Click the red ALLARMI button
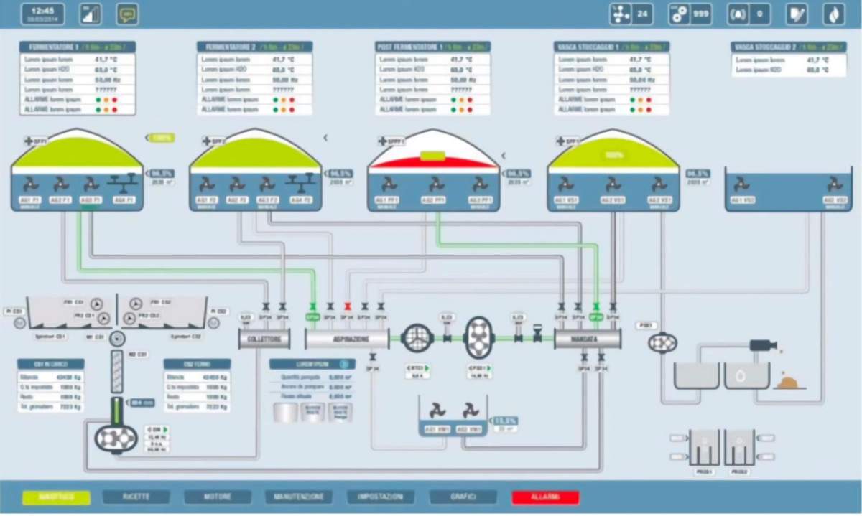pos(545,497)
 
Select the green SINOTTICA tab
pos(56,497)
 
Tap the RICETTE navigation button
pos(136,497)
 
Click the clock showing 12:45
pos(42,14)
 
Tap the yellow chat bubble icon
pos(127,14)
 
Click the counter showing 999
pos(690,14)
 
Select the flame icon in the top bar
pos(833,14)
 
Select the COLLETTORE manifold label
pos(264,338)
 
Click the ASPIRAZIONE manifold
pos(347,338)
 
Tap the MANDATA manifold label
pos(588,338)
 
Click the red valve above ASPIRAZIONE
pos(347,306)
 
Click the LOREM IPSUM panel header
pos(312,364)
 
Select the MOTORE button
pos(218,497)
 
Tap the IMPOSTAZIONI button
pos(380,497)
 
